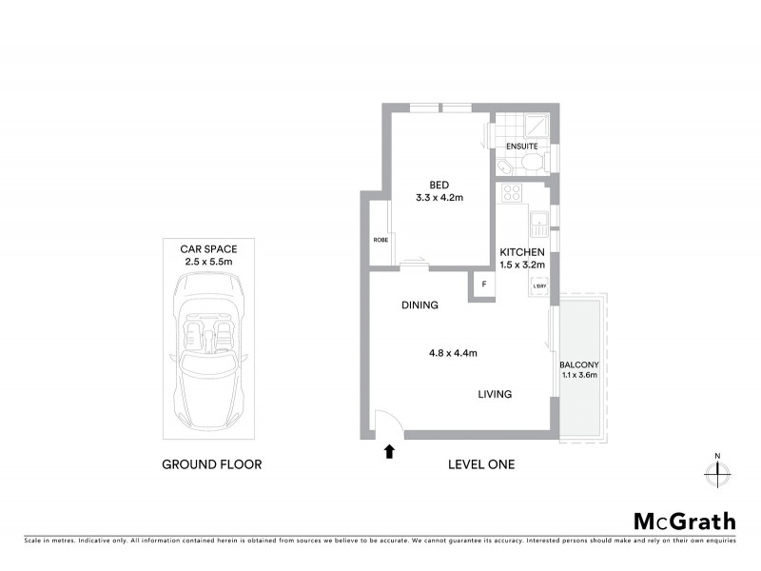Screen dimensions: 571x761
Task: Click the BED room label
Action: pos(439,185)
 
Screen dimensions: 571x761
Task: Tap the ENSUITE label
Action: pos(521,147)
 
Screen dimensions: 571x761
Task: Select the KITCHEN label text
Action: pos(522,251)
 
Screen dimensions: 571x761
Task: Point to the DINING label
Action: pos(419,306)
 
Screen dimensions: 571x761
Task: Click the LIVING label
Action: pos(495,394)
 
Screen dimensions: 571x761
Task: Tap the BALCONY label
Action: pos(578,365)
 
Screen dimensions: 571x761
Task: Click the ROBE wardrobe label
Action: pos(380,240)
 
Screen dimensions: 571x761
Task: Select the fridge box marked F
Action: pos(483,285)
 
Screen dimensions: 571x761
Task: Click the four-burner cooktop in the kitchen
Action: pos(511,193)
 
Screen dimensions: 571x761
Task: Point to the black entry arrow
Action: pos(388,451)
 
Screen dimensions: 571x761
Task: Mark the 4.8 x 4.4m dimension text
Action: pos(452,353)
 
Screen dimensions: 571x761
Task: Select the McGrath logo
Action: pos(684,521)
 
